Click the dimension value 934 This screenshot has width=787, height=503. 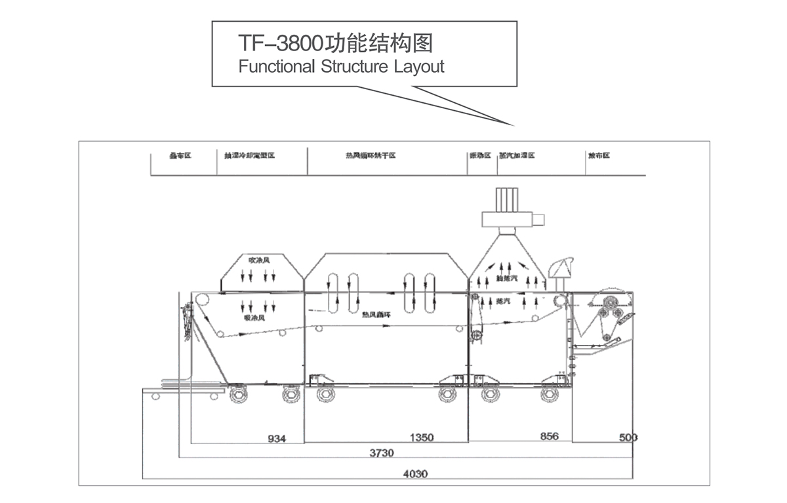(x=277, y=438)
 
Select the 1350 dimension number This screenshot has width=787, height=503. (x=421, y=437)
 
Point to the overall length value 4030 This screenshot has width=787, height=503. (x=414, y=473)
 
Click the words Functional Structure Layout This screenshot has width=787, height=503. (x=341, y=67)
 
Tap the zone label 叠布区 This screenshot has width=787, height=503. (x=180, y=156)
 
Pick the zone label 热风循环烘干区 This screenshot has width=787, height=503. (x=371, y=156)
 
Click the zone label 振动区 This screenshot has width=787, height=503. (x=479, y=156)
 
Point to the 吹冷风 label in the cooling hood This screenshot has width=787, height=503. (x=255, y=260)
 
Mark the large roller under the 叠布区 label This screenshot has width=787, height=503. (x=202, y=301)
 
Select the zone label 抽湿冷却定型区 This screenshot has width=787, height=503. (x=249, y=156)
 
